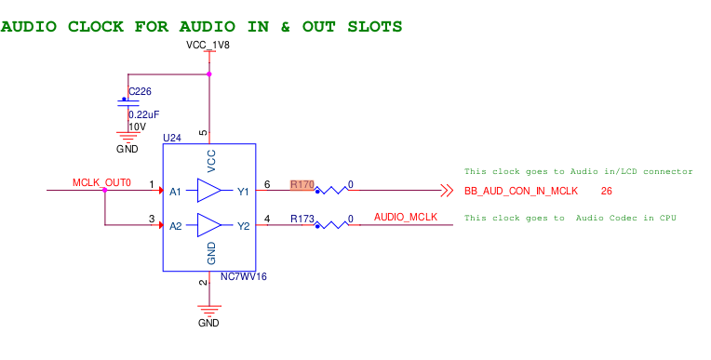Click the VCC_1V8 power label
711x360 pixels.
click(208, 45)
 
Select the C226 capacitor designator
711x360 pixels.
click(140, 91)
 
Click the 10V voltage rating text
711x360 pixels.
click(137, 127)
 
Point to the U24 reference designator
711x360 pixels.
click(171, 137)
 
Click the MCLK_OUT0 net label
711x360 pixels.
click(101, 182)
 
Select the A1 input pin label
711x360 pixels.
click(176, 192)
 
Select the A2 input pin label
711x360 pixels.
click(176, 226)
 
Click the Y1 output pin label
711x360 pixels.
click(243, 192)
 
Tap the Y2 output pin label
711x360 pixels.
click(243, 226)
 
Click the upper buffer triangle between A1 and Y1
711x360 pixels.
click(209, 191)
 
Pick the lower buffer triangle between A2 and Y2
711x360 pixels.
click(209, 225)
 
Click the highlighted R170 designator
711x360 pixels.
click(302, 184)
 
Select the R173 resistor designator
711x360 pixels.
click(302, 219)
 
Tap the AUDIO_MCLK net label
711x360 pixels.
click(405, 217)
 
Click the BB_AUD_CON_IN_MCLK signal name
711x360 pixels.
click(521, 191)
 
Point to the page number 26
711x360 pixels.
click(606, 191)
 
